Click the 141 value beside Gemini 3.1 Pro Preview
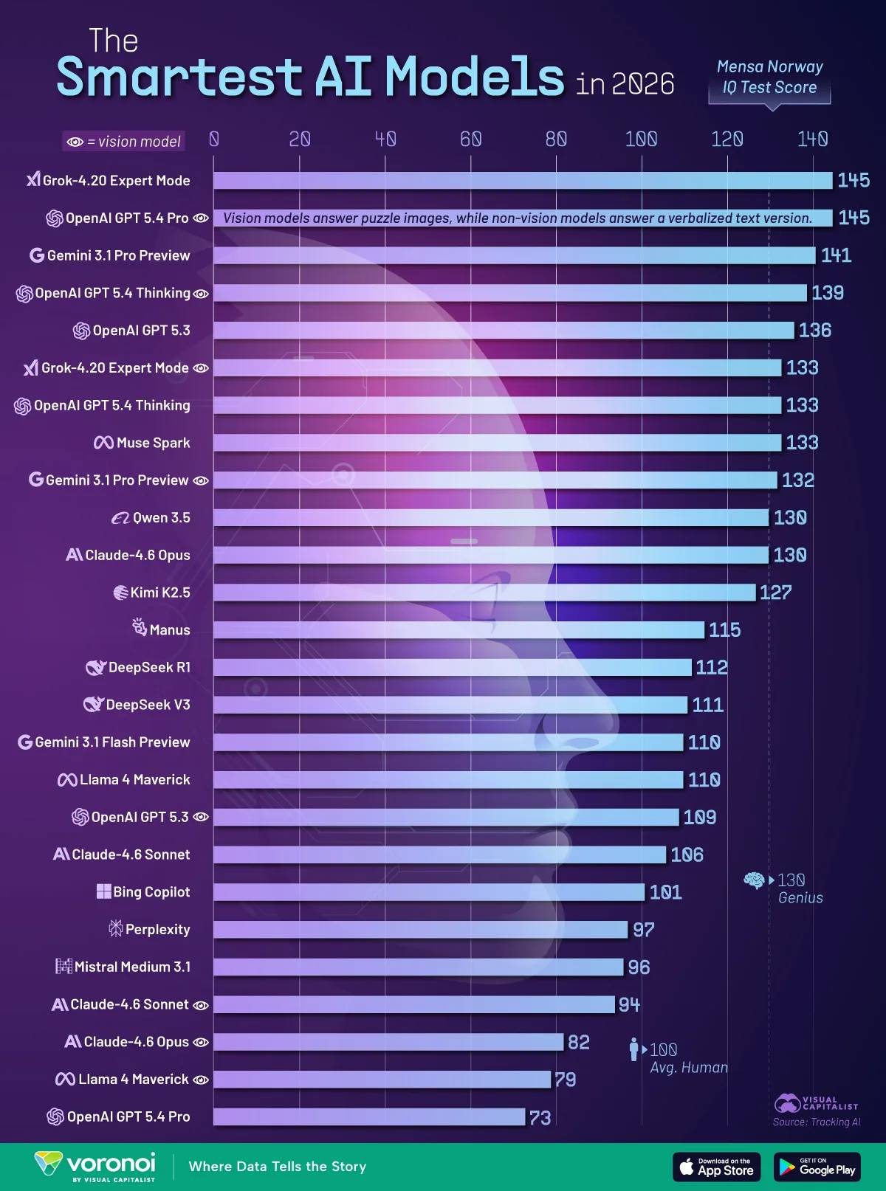(x=836, y=255)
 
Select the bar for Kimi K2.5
(x=484, y=593)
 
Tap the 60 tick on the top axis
(x=470, y=139)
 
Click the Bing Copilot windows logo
(x=103, y=891)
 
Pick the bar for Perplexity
(x=420, y=930)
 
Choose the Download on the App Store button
(x=717, y=1167)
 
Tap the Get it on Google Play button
(x=817, y=1167)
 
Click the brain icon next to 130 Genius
(x=754, y=880)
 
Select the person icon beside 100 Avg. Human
(x=634, y=1049)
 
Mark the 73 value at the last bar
(x=540, y=1117)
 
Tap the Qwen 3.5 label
(x=151, y=517)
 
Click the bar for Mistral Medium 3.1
(x=418, y=967)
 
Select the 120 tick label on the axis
(x=727, y=139)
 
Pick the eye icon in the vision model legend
(x=75, y=142)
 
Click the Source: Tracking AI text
(x=817, y=1122)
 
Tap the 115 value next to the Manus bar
(x=725, y=630)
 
